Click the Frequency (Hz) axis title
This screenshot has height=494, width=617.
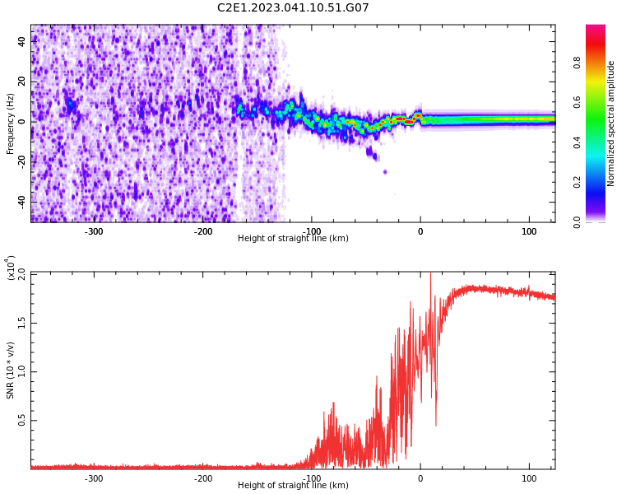pyautogui.click(x=11, y=123)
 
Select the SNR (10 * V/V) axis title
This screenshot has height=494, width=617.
pyautogui.click(x=11, y=370)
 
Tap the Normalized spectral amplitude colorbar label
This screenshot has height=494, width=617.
pyautogui.click(x=611, y=123)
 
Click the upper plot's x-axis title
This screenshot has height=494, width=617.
pyautogui.click(x=293, y=239)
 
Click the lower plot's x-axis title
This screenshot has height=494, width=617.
pyautogui.click(x=293, y=486)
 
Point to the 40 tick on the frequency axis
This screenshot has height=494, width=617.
pyautogui.click(x=21, y=41)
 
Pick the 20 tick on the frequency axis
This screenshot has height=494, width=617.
pyautogui.click(x=21, y=82)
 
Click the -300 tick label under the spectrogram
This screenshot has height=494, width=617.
pyautogui.click(x=94, y=231)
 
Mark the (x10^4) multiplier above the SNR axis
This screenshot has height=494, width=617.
pyautogui.click(x=11, y=268)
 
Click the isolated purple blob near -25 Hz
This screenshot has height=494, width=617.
pyautogui.click(x=385, y=172)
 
